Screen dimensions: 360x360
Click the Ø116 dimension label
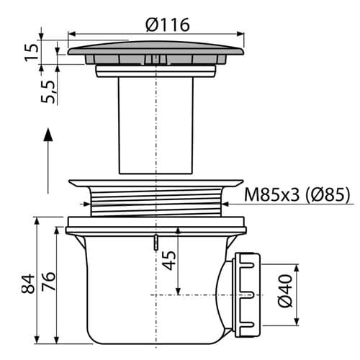tap(168, 25)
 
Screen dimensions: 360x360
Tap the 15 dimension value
tap(32, 53)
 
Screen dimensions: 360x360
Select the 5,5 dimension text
tap(48, 92)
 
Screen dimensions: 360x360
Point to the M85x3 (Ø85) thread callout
tap(297, 194)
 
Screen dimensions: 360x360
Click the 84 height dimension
tap(28, 284)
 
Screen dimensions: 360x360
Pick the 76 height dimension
tap(48, 282)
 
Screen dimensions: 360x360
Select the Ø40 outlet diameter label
tap(285, 291)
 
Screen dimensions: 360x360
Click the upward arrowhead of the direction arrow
tap(48, 134)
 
